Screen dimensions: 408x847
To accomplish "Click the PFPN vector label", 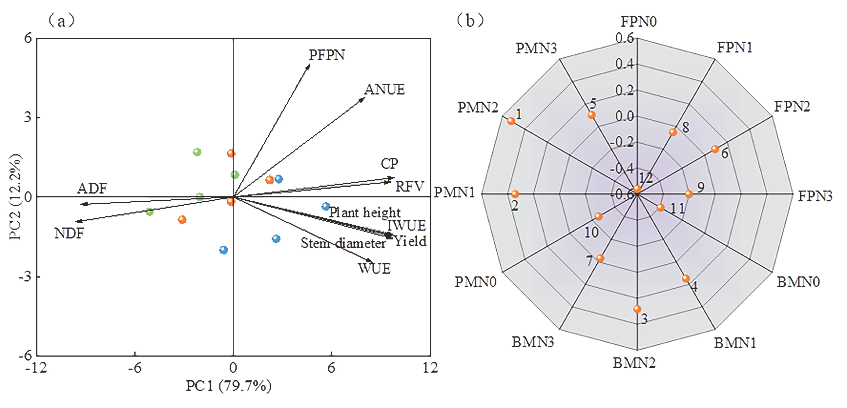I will pyautogui.click(x=326, y=55).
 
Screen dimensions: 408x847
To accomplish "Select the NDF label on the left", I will pyautogui.click(x=69, y=234).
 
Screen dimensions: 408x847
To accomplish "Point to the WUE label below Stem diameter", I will pyautogui.click(x=374, y=269).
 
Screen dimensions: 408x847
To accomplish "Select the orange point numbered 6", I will pyautogui.click(x=715, y=149).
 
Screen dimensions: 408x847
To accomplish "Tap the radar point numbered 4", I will pyautogui.click(x=686, y=279).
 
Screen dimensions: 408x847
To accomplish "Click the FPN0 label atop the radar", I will pyautogui.click(x=638, y=22).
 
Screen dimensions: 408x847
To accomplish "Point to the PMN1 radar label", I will pyautogui.click(x=454, y=192).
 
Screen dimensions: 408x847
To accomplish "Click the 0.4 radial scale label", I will pyautogui.click(x=624, y=64).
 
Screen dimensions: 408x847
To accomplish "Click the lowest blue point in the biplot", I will pyautogui.click(x=224, y=250).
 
